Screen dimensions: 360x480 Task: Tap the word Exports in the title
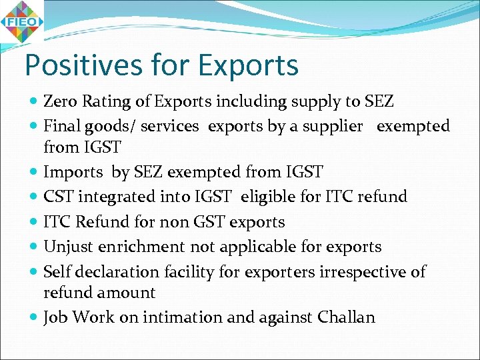[x=247, y=65]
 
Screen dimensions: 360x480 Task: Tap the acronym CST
[x=58, y=197]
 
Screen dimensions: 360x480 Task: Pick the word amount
[x=127, y=293]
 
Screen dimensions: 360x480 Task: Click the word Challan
[x=347, y=317]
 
